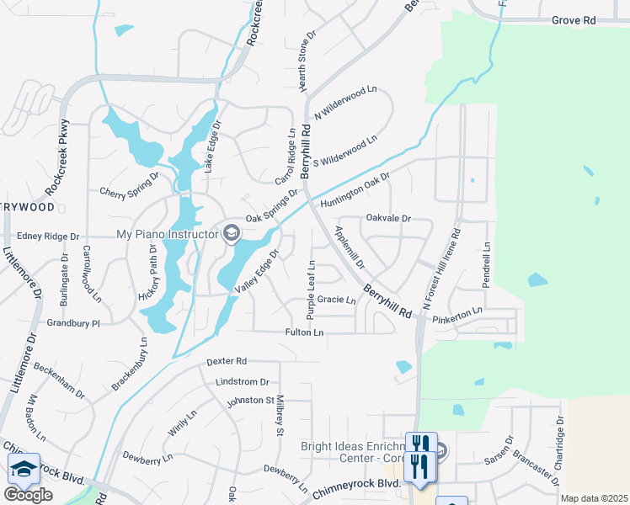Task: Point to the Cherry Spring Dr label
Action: pos(130,187)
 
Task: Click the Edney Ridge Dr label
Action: pos(47,237)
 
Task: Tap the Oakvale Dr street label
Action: pos(388,218)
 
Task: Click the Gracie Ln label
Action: pos(336,300)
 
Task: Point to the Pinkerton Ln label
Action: pos(457,316)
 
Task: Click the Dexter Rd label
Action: pos(227,362)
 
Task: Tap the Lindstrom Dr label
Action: pos(242,381)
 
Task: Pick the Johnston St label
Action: pos(250,401)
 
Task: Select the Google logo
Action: pos(28,495)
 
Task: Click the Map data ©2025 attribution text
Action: pos(594,498)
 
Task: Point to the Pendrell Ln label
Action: pos(486,266)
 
